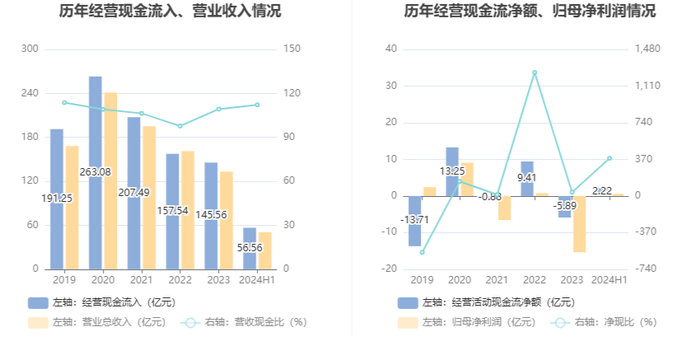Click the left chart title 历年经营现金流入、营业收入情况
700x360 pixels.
[x=170, y=12]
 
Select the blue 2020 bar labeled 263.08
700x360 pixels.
[x=96, y=172]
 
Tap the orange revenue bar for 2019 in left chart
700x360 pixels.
[x=72, y=207]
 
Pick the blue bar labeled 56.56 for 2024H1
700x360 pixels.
[x=250, y=248]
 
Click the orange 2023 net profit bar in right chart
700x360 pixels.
[x=579, y=223]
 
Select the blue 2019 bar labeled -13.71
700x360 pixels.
[x=415, y=220]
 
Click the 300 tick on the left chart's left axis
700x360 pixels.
[x=30, y=49]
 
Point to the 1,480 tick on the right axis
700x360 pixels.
[x=648, y=49]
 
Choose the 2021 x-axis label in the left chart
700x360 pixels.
[x=141, y=280]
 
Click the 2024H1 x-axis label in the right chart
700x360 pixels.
[x=609, y=280]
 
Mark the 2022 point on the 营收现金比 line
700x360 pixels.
[x=180, y=126]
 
